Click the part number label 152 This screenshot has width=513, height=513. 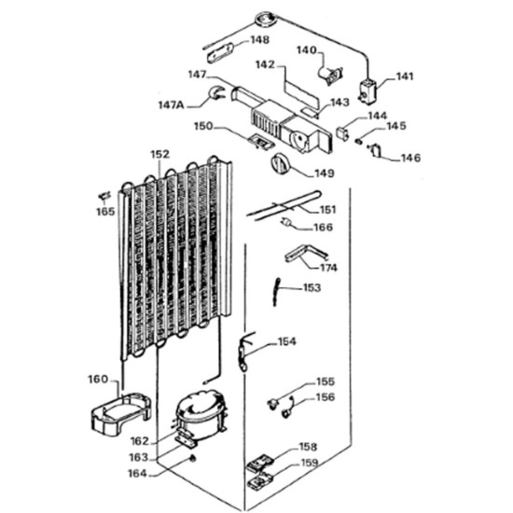coord(159,155)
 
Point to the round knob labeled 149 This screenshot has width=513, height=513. coord(279,164)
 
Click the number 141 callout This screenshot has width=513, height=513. coord(405,77)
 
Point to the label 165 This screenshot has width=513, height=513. coord(105,212)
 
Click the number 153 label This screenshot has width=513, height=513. coord(312,288)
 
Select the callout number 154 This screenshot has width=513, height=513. coord(287,342)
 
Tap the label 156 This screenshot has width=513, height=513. coord(325,396)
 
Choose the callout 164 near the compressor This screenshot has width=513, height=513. coord(138,473)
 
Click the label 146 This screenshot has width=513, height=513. coord(410,158)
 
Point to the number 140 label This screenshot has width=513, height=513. coord(307,49)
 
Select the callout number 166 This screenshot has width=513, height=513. coord(322,227)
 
